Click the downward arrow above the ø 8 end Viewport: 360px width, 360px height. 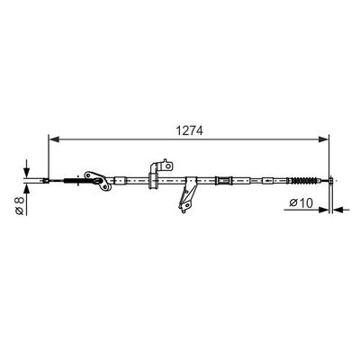click(27, 170)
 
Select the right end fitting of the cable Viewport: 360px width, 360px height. click(332, 182)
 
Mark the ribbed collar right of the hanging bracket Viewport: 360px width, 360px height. click(221, 181)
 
